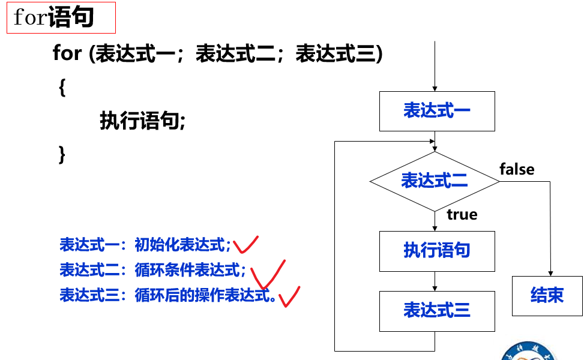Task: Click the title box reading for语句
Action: (61, 18)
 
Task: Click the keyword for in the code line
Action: (67, 54)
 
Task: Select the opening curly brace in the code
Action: (62, 88)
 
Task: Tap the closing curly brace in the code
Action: (61, 154)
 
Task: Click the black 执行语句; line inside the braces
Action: (143, 122)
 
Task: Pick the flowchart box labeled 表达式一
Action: (437, 111)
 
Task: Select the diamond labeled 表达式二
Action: (434, 181)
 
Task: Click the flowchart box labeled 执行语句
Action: (437, 251)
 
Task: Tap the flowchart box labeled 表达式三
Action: (437, 311)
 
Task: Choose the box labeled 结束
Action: (547, 295)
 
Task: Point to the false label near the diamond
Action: (517, 170)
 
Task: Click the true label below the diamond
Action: (462, 215)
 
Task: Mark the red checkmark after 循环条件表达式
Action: (267, 274)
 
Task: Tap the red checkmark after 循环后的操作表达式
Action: (289, 296)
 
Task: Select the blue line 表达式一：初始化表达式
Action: (145, 245)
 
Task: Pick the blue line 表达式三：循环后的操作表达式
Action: (167, 295)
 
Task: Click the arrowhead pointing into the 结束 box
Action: (550, 272)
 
